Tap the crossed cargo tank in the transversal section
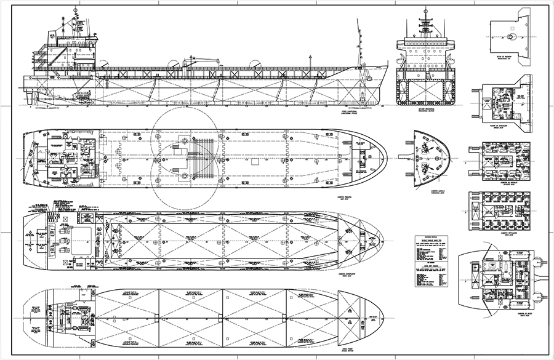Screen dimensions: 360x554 tap(424, 90)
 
